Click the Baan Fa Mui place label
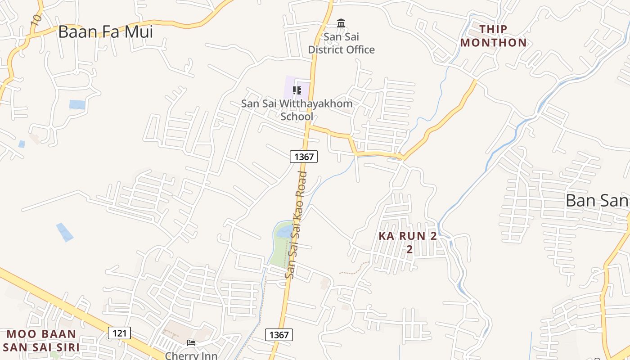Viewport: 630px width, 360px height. (x=105, y=32)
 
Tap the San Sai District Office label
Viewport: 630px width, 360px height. (x=341, y=43)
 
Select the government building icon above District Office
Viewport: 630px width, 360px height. (x=341, y=23)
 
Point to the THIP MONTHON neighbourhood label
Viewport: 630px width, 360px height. (x=493, y=36)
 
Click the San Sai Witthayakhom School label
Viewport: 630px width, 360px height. (x=297, y=110)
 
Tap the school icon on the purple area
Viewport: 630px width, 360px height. (x=297, y=90)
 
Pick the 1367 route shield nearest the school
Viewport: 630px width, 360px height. (x=303, y=157)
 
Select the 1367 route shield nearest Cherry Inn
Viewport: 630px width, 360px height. (x=279, y=335)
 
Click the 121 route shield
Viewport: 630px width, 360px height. (x=119, y=333)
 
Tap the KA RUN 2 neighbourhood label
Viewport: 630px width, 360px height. (x=408, y=242)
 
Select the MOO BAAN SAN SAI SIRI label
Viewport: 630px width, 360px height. (x=41, y=341)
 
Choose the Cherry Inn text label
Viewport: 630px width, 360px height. (x=191, y=355)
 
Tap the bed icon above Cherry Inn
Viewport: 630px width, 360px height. (x=191, y=343)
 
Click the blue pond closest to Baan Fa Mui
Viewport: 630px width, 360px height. (x=77, y=104)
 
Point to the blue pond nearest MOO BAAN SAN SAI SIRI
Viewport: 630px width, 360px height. (x=65, y=232)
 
